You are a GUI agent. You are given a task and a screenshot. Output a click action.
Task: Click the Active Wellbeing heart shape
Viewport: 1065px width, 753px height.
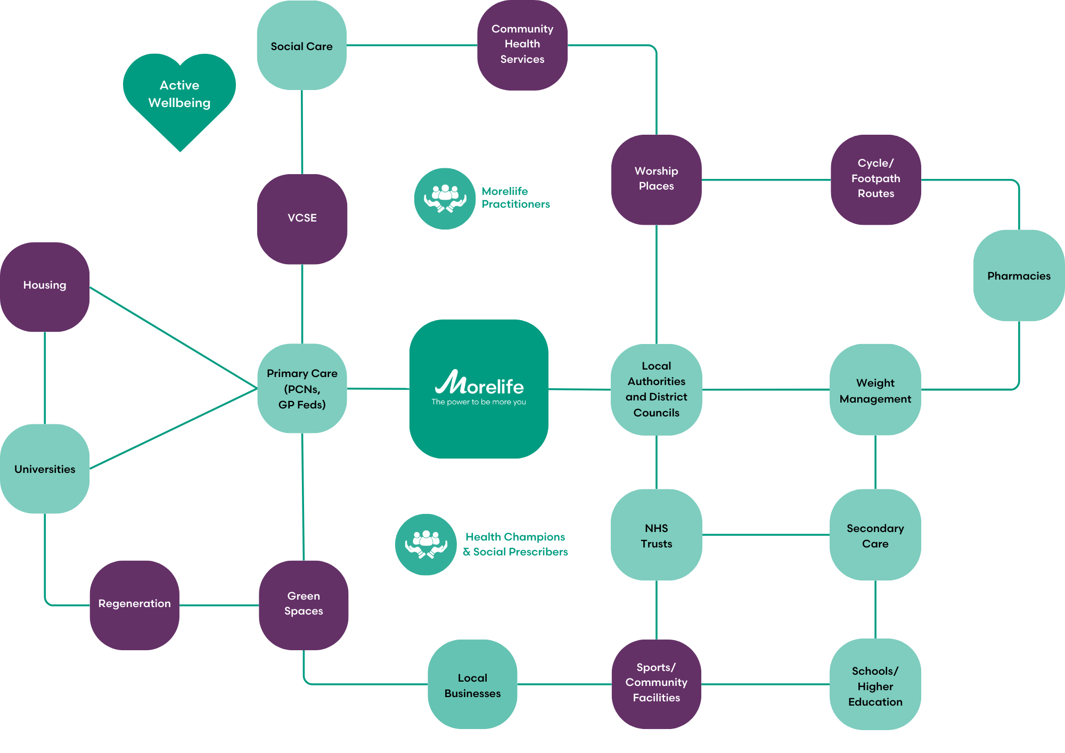click(x=179, y=96)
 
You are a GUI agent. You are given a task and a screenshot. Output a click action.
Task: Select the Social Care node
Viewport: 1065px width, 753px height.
click(x=302, y=46)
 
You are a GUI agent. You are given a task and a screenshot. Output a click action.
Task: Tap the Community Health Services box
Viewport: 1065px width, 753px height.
click(x=522, y=45)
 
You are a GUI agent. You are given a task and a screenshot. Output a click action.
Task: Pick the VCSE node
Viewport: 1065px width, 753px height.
click(x=302, y=218)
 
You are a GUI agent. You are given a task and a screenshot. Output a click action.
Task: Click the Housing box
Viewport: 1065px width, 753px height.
click(x=45, y=287)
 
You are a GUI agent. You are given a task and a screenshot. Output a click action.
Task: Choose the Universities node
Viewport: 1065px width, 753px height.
click(x=45, y=469)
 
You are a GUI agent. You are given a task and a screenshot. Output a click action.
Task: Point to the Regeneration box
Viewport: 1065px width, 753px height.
click(x=134, y=604)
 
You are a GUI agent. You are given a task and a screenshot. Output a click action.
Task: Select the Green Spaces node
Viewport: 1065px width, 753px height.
click(x=304, y=604)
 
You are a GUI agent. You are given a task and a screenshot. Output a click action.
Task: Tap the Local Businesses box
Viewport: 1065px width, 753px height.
click(x=472, y=684)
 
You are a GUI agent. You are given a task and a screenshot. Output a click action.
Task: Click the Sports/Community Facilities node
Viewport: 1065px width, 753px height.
click(x=656, y=683)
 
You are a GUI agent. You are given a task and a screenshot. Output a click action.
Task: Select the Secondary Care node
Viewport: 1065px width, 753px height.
click(x=875, y=535)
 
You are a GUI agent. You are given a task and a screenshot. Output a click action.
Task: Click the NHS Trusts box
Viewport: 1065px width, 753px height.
click(x=656, y=535)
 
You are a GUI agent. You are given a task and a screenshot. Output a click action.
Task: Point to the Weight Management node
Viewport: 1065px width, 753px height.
click(x=875, y=390)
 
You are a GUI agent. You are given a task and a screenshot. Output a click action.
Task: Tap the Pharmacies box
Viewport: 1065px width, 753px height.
click(x=1019, y=275)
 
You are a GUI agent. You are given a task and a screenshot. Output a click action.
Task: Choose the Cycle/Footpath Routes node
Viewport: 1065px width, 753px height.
click(x=875, y=179)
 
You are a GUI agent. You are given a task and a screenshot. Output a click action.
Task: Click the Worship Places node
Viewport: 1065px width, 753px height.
click(x=656, y=179)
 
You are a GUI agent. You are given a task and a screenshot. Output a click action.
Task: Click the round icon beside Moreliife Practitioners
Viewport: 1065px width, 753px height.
click(x=445, y=199)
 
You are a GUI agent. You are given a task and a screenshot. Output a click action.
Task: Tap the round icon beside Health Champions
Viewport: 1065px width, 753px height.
click(x=425, y=544)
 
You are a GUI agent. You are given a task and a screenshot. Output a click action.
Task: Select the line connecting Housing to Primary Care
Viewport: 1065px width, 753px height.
click(x=173, y=338)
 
